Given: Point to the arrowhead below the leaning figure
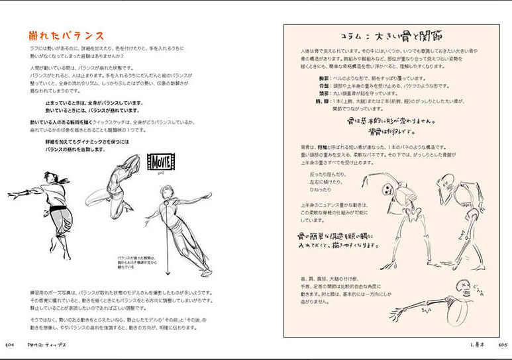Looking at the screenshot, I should pos(168,273).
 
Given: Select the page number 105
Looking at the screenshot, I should pos(501,344).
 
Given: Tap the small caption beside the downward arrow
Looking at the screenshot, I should pos(136,263).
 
